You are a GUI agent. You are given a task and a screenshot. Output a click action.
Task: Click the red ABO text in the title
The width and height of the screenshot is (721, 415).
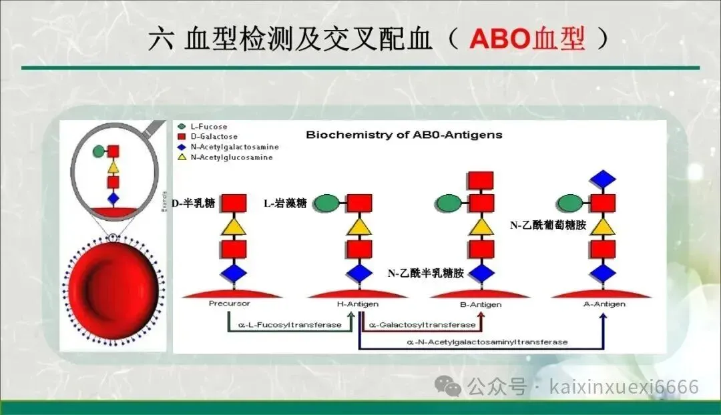pyautogui.click(x=500, y=39)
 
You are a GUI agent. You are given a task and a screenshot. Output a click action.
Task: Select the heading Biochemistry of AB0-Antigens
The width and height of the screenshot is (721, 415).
pyautogui.click(x=404, y=135)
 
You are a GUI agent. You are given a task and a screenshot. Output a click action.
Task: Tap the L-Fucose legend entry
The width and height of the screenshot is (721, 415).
pyautogui.click(x=202, y=126)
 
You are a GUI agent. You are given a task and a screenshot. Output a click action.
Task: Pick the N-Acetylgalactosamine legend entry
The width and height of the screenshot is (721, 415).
pyautogui.click(x=228, y=147)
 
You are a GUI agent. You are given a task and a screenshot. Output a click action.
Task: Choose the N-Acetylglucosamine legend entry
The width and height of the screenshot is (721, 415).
pyautogui.click(x=225, y=157)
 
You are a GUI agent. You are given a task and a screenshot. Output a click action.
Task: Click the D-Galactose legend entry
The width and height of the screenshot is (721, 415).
pyautogui.click(x=208, y=137)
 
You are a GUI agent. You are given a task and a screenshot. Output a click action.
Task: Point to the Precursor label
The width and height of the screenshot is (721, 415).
pyautogui.click(x=229, y=304)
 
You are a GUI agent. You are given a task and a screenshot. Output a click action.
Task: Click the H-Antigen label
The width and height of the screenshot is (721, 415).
pyautogui.click(x=358, y=304)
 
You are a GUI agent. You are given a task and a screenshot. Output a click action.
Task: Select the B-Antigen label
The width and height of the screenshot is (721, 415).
pyautogui.click(x=481, y=304)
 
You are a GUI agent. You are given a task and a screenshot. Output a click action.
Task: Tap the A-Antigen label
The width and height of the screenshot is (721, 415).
pyautogui.click(x=604, y=304)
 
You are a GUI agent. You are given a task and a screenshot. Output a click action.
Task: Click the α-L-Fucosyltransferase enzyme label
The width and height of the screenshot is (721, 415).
pyautogui.click(x=290, y=325)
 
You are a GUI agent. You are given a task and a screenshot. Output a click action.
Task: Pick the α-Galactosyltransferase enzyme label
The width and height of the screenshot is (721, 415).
pyautogui.click(x=422, y=325)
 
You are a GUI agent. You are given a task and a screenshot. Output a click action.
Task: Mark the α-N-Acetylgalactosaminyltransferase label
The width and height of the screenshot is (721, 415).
pyautogui.click(x=487, y=342)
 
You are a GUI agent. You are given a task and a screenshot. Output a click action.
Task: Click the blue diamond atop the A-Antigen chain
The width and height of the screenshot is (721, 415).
pyautogui.click(x=602, y=179)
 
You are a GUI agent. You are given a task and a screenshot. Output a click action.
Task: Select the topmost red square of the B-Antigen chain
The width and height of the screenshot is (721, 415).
pyautogui.click(x=481, y=180)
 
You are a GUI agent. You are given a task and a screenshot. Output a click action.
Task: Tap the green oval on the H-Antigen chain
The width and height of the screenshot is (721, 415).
pyautogui.click(x=326, y=203)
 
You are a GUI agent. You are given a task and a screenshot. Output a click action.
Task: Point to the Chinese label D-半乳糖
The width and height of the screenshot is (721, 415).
pyautogui.click(x=193, y=203)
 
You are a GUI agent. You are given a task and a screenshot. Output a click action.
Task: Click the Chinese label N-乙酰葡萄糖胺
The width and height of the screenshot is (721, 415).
pyautogui.click(x=548, y=226)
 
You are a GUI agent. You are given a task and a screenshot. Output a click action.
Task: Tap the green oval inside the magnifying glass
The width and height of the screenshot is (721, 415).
pyautogui.click(x=99, y=151)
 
